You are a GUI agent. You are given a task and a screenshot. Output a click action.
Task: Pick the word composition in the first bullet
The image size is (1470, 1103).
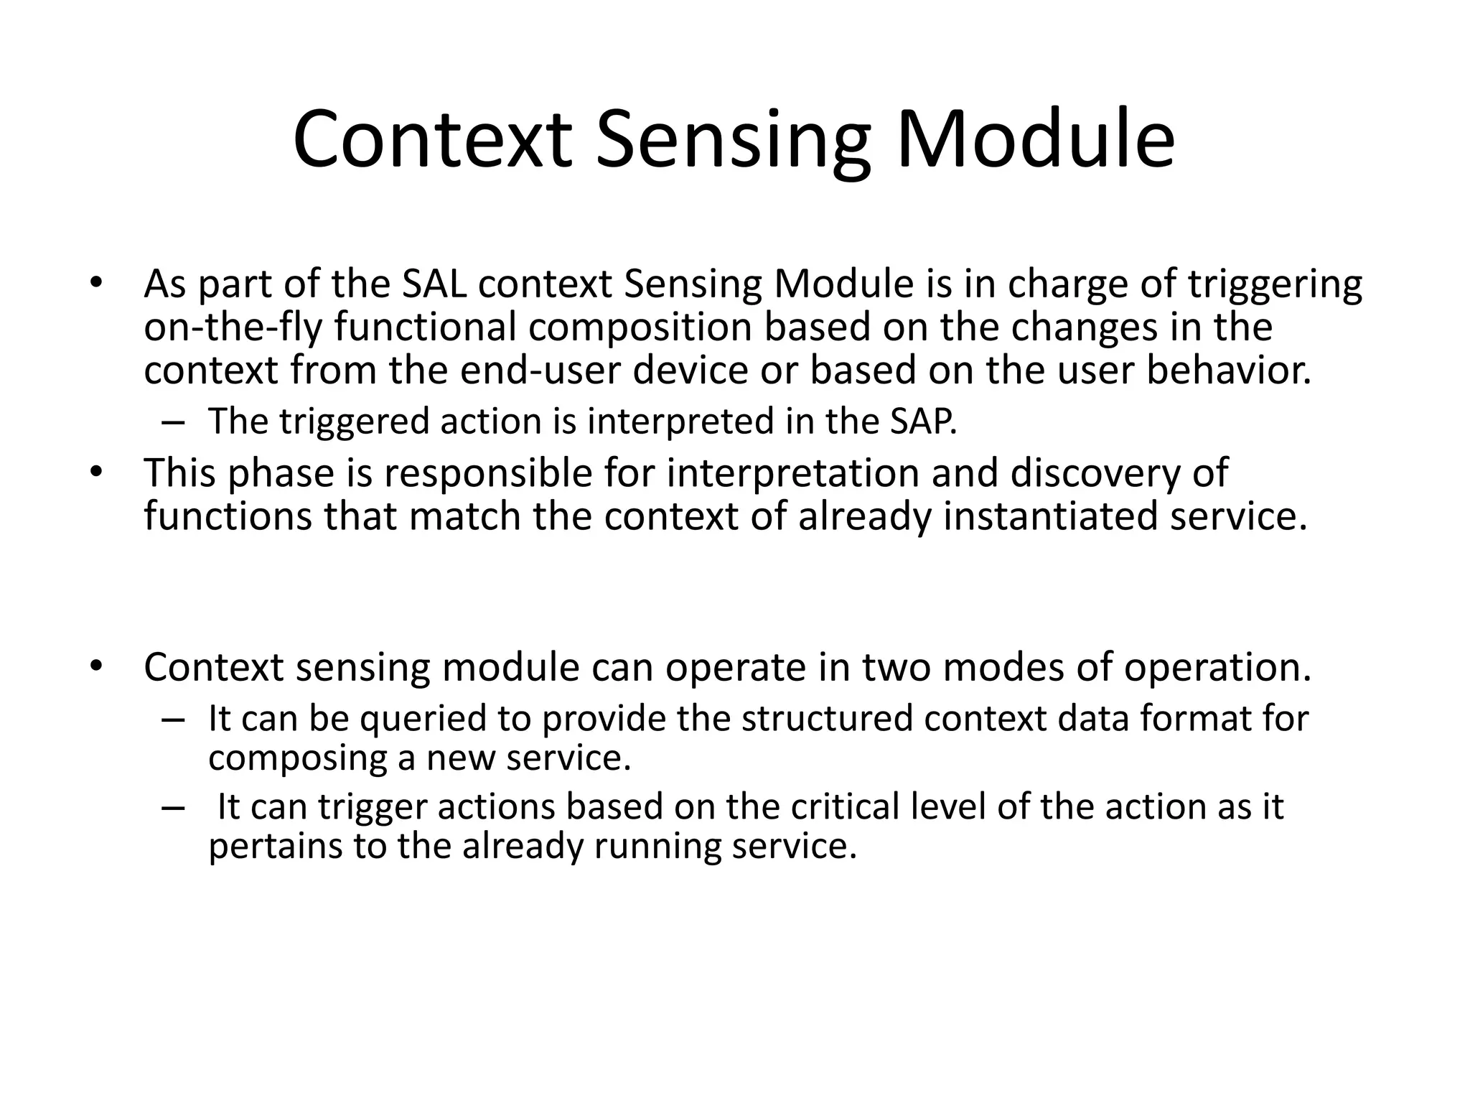[x=639, y=328]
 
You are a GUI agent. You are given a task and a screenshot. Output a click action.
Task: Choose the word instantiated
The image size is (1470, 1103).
[x=1049, y=517]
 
